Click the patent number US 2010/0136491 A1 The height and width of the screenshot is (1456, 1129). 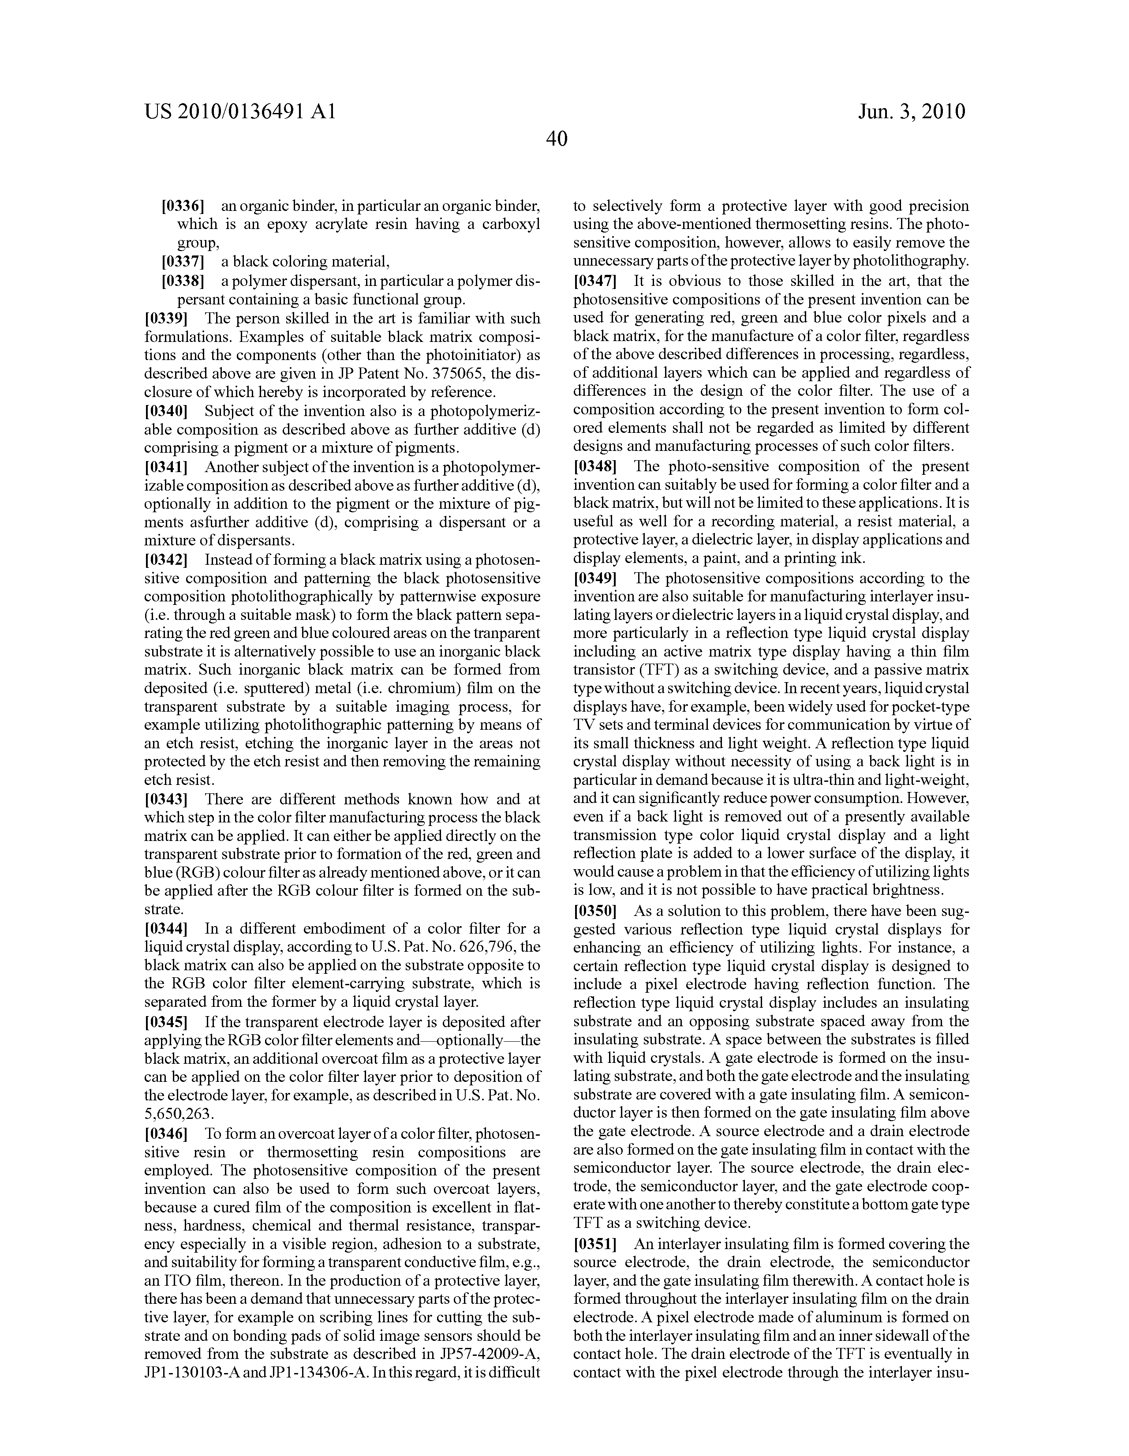tap(239, 111)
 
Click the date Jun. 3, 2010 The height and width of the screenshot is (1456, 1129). tap(911, 111)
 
